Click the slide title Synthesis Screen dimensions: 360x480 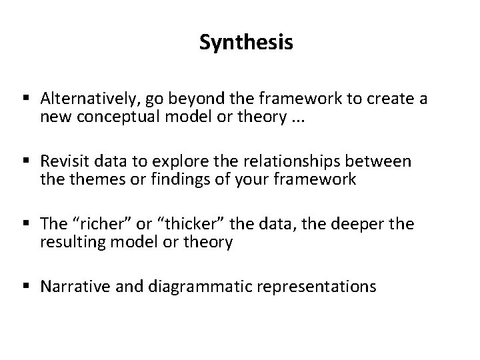[246, 43]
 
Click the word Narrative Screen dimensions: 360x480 [70, 287]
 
